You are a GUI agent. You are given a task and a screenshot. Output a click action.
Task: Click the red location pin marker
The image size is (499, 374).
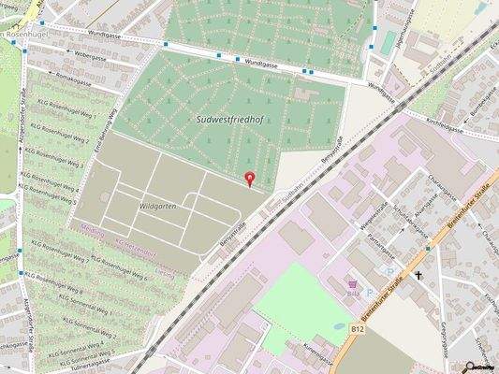pyautogui.click(x=249, y=179)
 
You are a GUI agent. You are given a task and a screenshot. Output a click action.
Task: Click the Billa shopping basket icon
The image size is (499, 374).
pyautogui.click(x=353, y=283)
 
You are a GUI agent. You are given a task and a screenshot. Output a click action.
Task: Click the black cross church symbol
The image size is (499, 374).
pyautogui.click(x=418, y=276)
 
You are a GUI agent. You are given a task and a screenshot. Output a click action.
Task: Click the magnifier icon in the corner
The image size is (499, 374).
pyautogui.click(x=471, y=367)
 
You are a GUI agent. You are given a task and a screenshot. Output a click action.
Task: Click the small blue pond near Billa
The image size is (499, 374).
pyautogui.click(x=338, y=326)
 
